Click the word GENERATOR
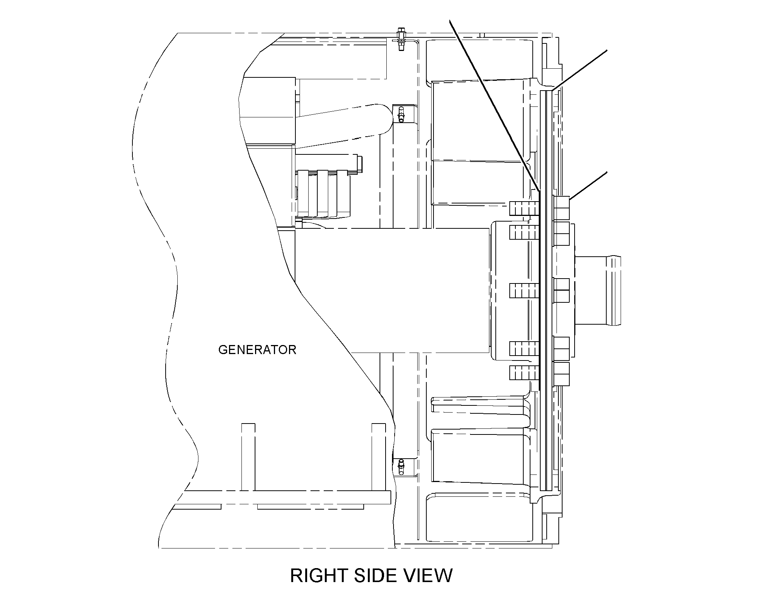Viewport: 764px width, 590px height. (x=257, y=350)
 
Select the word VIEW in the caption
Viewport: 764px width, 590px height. (x=426, y=575)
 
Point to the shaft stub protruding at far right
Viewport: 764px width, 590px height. (x=598, y=291)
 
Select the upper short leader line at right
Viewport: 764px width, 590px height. (x=579, y=70)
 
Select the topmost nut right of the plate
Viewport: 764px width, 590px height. (x=561, y=208)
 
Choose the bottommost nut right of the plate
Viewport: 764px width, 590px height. (x=561, y=374)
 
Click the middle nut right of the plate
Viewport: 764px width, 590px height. (x=561, y=290)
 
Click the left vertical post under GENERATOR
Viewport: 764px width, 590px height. (x=248, y=457)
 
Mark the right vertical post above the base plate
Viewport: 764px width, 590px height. (x=379, y=457)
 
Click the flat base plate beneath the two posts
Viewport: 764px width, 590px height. (x=287, y=497)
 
